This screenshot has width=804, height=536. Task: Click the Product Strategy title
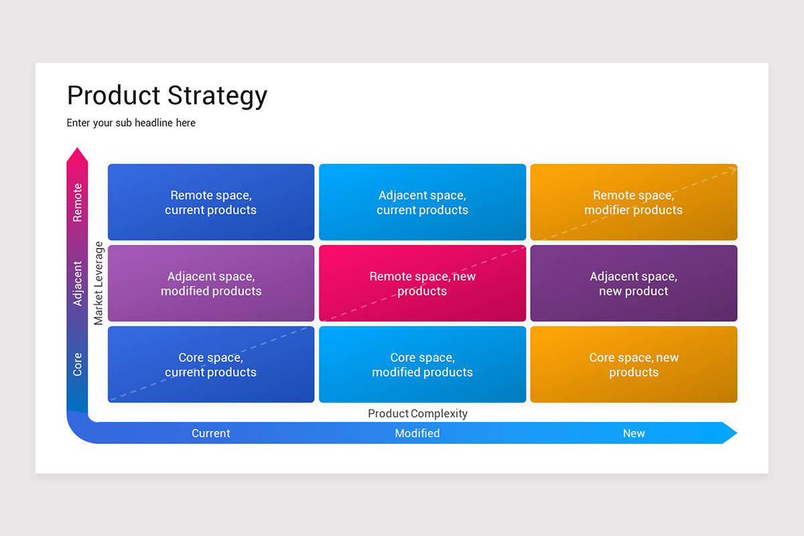(x=167, y=96)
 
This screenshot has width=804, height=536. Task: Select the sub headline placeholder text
(x=131, y=123)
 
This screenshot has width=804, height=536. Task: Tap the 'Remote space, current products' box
(x=211, y=202)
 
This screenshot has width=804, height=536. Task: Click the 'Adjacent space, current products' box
(x=422, y=202)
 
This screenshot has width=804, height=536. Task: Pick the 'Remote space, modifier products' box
(x=633, y=202)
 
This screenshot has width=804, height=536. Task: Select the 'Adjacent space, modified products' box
(x=211, y=283)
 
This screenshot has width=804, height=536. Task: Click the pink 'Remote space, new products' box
(x=422, y=283)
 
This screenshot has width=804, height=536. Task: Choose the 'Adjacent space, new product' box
(x=633, y=283)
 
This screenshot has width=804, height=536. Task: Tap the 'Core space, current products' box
(x=211, y=364)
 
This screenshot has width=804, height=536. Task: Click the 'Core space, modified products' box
(x=422, y=364)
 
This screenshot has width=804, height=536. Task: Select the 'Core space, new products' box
(x=633, y=364)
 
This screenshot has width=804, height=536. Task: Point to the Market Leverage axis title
(x=98, y=283)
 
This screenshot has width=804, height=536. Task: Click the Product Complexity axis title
(x=417, y=413)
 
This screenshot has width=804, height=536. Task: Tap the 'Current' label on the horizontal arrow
(x=211, y=433)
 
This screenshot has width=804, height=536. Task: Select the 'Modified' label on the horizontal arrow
(x=417, y=433)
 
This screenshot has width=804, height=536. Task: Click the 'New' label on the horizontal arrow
(x=633, y=433)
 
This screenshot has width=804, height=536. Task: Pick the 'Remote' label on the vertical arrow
(x=78, y=202)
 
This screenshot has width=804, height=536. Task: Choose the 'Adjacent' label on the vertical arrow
(x=78, y=283)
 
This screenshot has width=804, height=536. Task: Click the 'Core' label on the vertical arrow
(x=78, y=364)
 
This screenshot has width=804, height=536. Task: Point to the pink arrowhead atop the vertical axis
(x=78, y=155)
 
